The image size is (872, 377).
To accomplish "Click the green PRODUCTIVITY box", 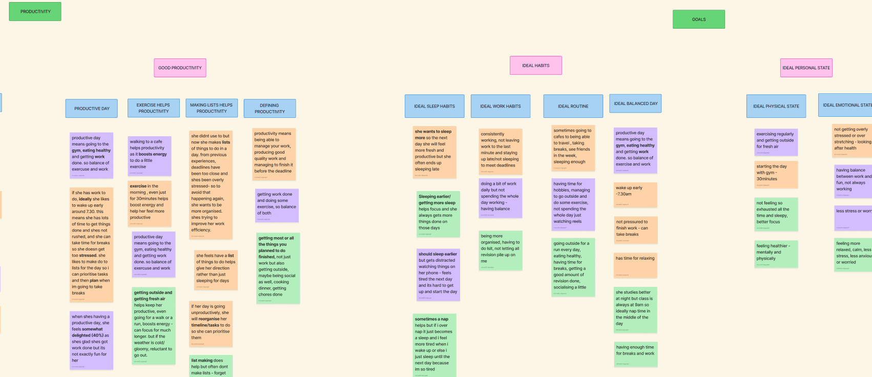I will (x=35, y=11).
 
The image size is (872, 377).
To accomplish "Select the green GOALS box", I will (x=698, y=19).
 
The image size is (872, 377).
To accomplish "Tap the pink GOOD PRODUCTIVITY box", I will (x=180, y=68).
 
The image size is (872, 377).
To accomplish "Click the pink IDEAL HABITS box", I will (x=535, y=66).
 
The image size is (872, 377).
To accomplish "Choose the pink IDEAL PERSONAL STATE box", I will (x=805, y=68).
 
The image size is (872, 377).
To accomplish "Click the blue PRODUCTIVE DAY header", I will (x=92, y=109).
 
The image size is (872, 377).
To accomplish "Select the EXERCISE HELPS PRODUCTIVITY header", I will (x=153, y=108).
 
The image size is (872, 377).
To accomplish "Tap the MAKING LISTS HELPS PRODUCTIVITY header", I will (x=211, y=108).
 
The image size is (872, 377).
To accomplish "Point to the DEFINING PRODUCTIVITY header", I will (x=269, y=109).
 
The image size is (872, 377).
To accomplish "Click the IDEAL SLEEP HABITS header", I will (x=434, y=107).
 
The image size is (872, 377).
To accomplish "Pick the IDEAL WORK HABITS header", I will (x=500, y=107).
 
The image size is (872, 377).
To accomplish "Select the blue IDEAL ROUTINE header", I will (x=573, y=107).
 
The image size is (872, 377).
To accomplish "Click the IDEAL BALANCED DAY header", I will (x=635, y=103).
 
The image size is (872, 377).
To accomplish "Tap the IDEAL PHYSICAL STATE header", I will (x=776, y=107).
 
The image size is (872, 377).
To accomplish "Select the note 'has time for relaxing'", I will (x=635, y=265).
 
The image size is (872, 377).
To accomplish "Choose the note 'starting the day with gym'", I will (x=776, y=175).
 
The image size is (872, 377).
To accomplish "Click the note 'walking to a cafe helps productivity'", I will (x=149, y=156).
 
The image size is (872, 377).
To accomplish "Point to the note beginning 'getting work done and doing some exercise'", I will (x=277, y=205).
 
